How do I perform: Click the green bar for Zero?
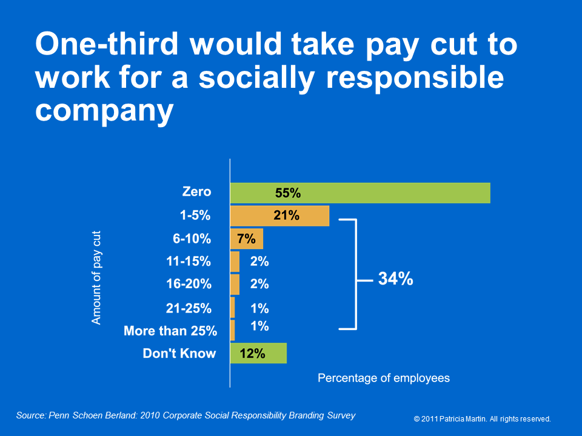coord(360,193)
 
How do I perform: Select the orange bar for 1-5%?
coord(279,216)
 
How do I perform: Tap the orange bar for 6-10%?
coord(247,239)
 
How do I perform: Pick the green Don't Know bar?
coord(258,353)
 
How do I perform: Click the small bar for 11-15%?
coord(235,262)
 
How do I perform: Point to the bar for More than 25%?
coord(232,331)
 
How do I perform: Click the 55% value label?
coord(287,193)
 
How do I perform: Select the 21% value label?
coord(286,216)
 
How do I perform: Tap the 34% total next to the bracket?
coord(395,279)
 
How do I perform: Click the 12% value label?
coord(252,353)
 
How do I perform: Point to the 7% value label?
coord(246,239)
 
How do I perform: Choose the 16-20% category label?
coord(189,284)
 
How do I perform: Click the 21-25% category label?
coord(189,308)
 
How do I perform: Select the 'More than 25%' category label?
coord(170,331)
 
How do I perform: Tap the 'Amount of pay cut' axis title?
coord(96,278)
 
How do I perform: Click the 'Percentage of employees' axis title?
coord(384,378)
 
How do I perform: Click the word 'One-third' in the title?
coord(107,44)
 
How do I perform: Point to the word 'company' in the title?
coord(104,111)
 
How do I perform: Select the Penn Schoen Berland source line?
coord(186,415)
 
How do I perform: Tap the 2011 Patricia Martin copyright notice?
coord(482,419)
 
